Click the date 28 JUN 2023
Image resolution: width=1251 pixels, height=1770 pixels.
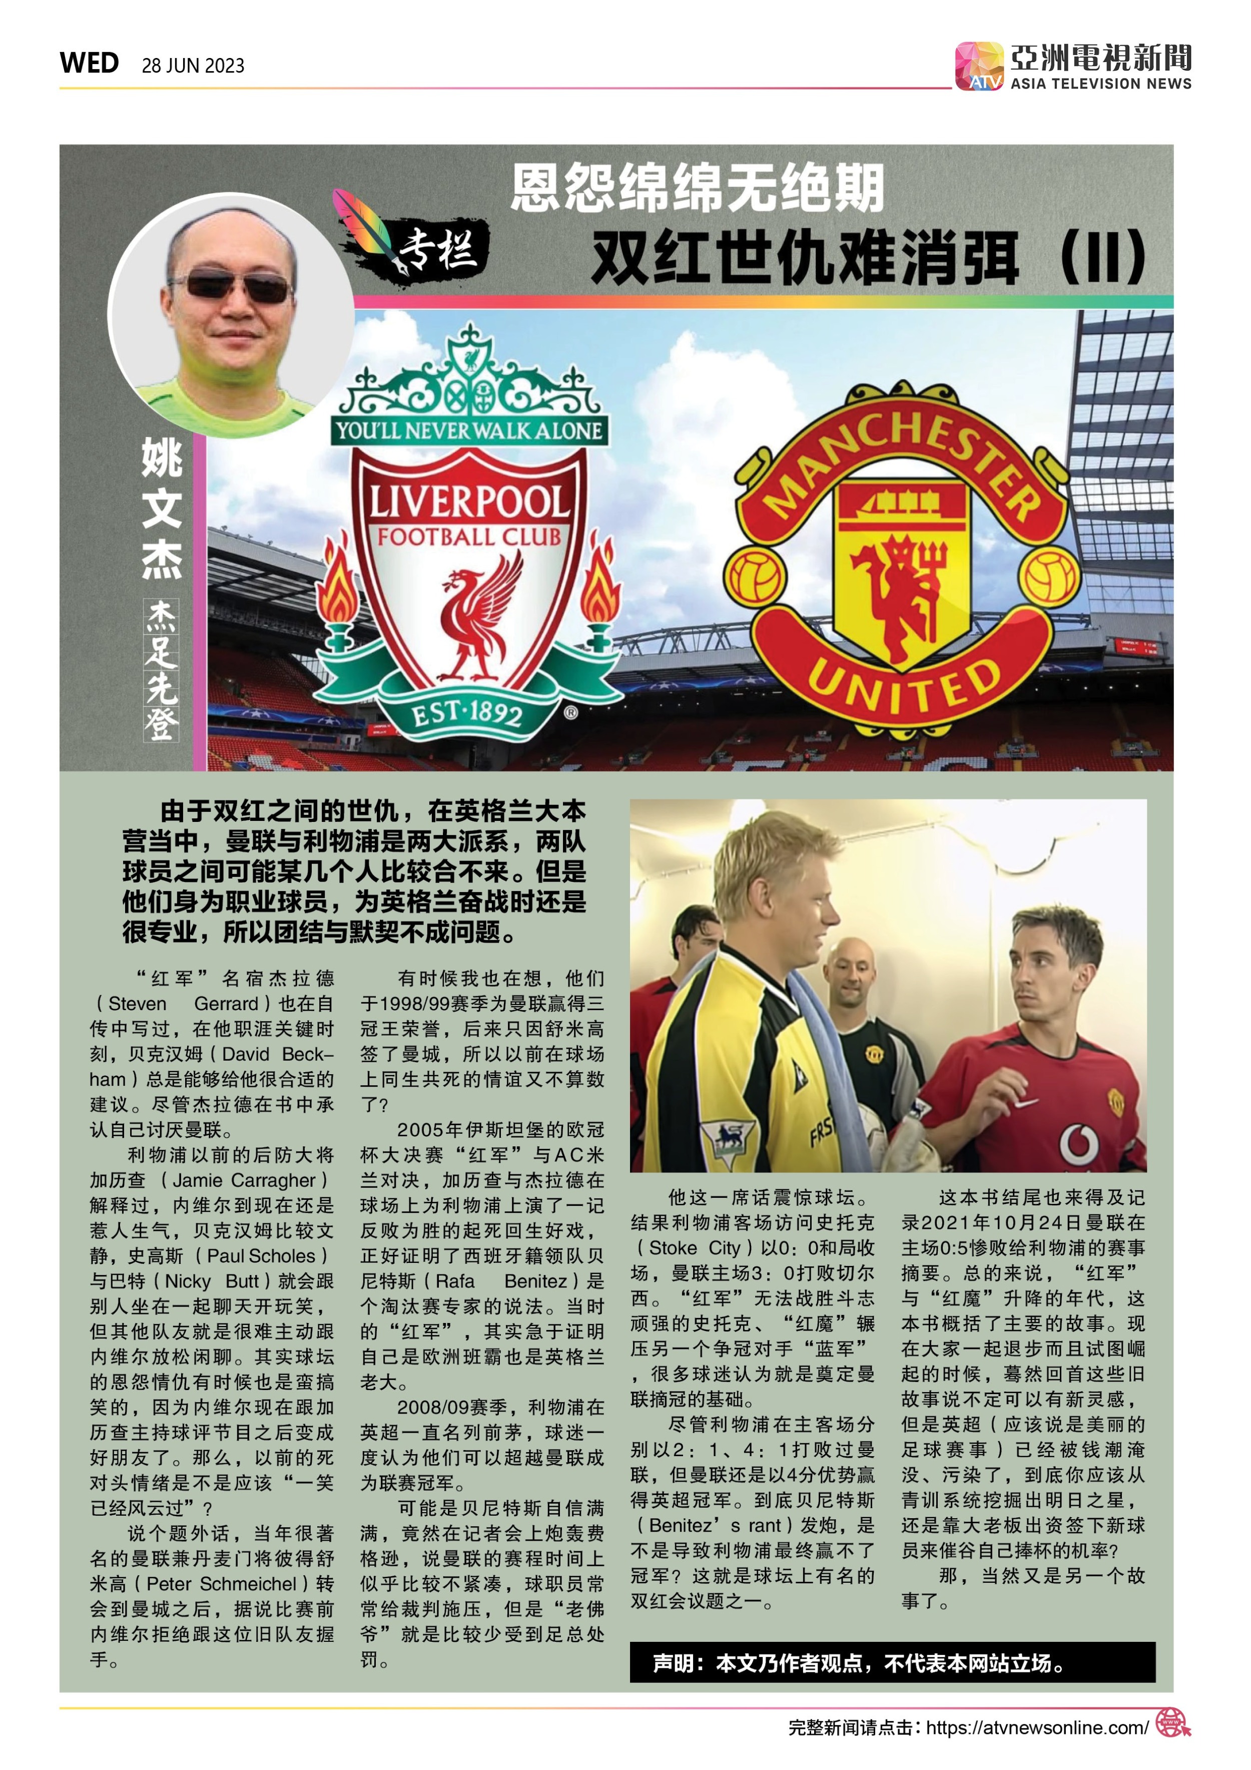click(193, 66)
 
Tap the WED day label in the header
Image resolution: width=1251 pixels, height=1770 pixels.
click(90, 63)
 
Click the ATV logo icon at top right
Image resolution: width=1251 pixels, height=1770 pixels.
click(979, 66)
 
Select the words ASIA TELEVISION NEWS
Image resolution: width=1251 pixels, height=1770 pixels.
click(1101, 83)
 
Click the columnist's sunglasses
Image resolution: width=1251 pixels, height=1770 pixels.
click(231, 287)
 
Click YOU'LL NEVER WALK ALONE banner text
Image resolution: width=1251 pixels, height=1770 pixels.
click(469, 430)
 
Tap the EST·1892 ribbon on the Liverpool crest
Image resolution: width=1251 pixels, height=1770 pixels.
click(467, 715)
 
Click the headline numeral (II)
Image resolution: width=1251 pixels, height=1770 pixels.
click(1102, 256)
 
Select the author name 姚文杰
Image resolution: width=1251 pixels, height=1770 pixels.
click(162, 509)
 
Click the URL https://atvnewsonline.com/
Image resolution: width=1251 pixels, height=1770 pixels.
click(1037, 1727)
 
